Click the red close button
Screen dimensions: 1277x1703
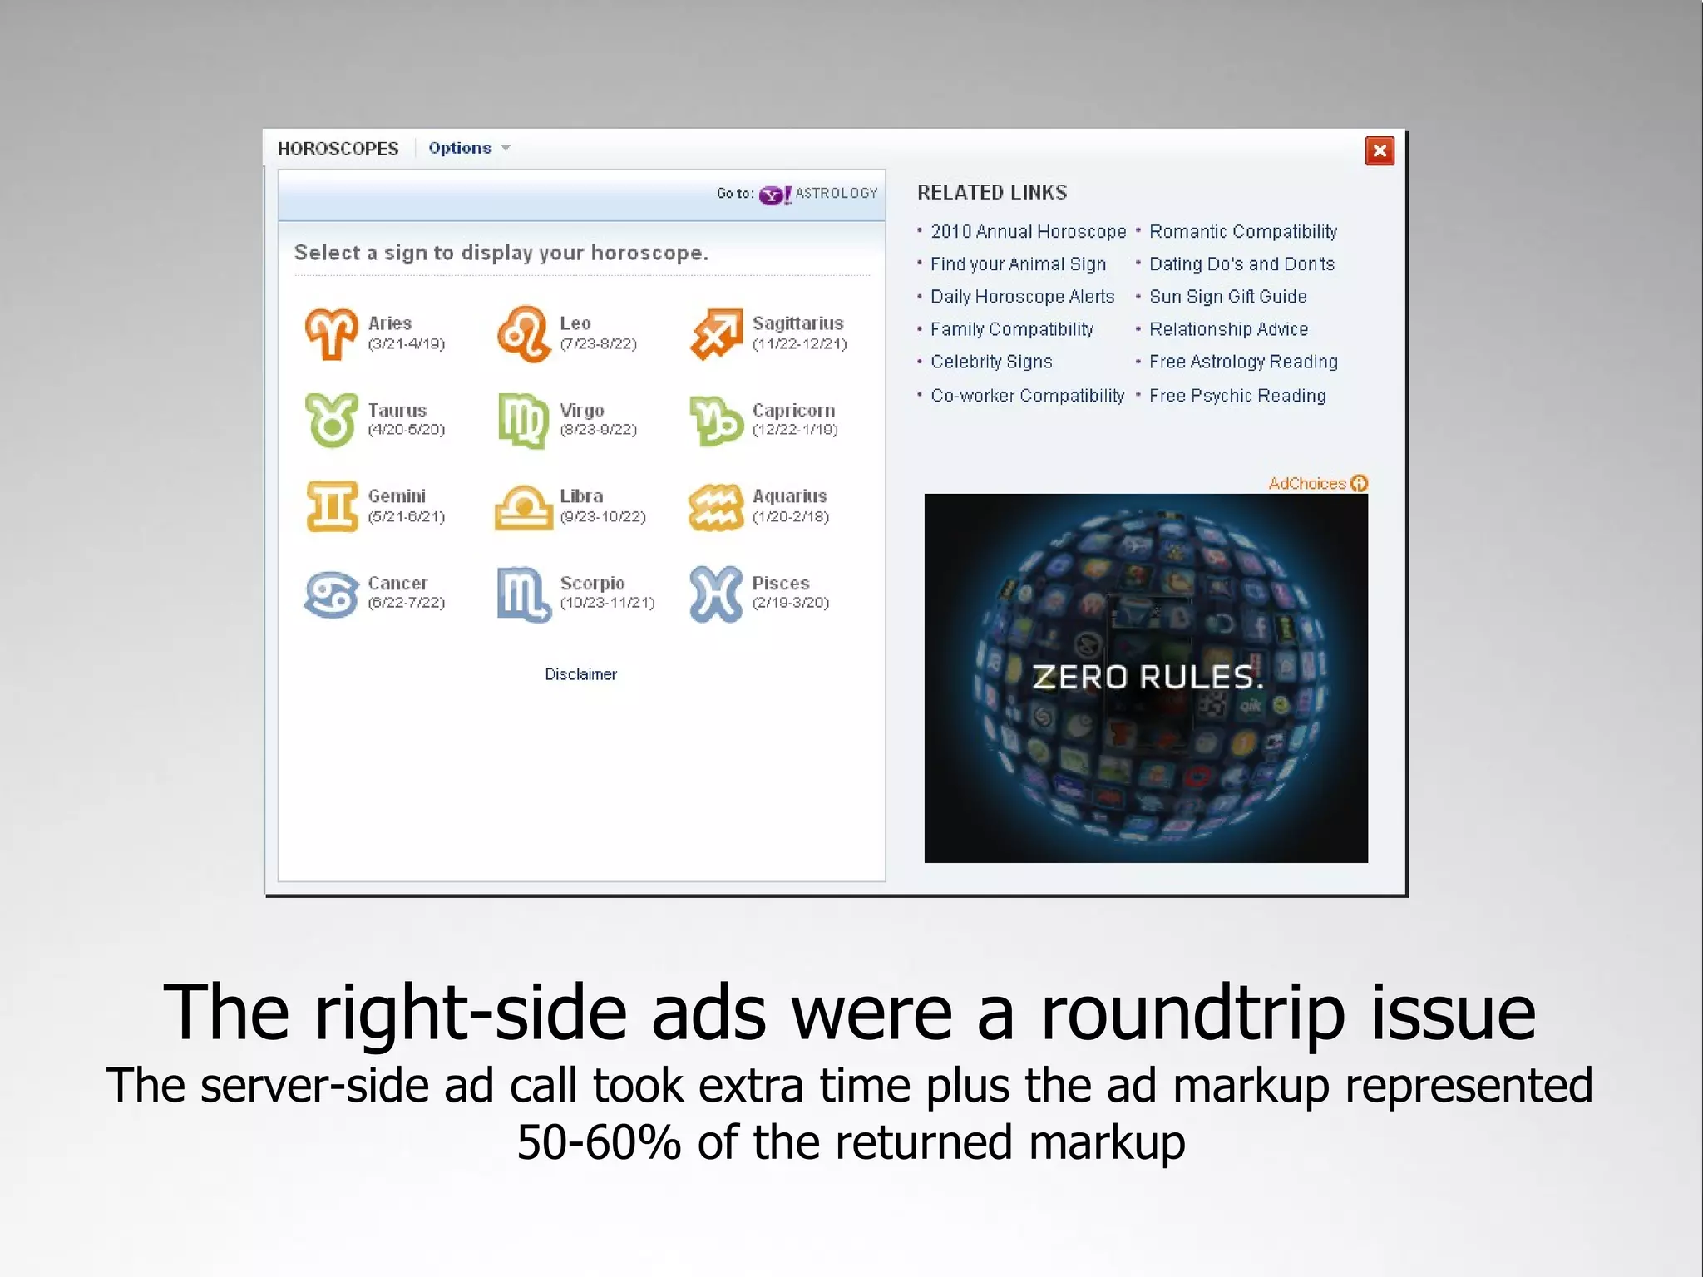pyautogui.click(x=1380, y=150)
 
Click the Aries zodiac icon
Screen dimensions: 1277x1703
pyautogui.click(x=331, y=333)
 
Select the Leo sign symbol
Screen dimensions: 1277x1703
pyautogui.click(x=524, y=333)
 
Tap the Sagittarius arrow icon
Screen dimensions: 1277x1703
pyautogui.click(x=716, y=334)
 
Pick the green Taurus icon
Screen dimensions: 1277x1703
pyautogui.click(x=331, y=420)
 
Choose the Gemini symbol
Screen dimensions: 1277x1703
pyautogui.click(x=331, y=505)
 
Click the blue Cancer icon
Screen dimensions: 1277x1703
pyautogui.click(x=331, y=594)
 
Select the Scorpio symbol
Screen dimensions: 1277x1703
pyautogui.click(x=524, y=594)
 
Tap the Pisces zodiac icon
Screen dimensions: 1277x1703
pyautogui.click(x=716, y=594)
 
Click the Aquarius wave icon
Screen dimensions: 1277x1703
pyautogui.click(x=716, y=506)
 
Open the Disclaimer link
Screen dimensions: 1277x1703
pyautogui.click(x=580, y=674)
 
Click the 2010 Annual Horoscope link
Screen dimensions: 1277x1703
pyautogui.click(x=1028, y=232)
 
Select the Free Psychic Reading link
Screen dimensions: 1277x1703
pyautogui.click(x=1237, y=396)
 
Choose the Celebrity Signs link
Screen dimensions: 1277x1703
pyautogui.click(x=991, y=362)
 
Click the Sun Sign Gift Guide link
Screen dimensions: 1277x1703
pyautogui.click(x=1228, y=297)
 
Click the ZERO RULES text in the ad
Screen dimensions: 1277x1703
pyautogui.click(x=1147, y=678)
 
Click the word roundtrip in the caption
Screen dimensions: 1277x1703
pyautogui.click(x=1192, y=1013)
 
